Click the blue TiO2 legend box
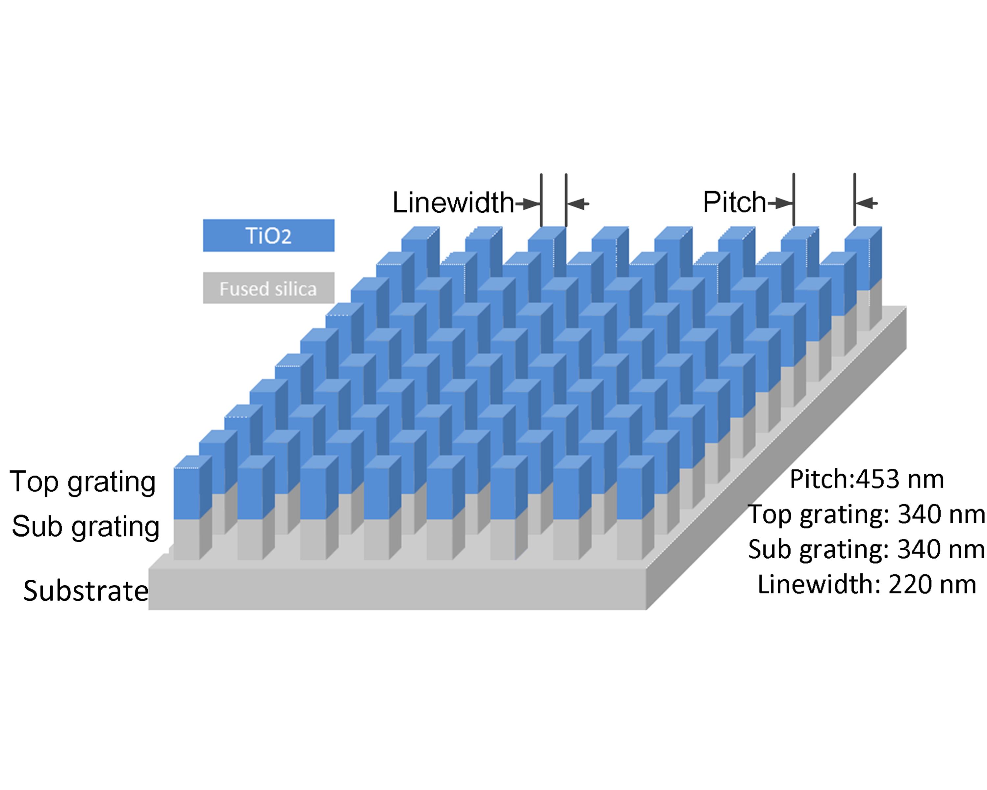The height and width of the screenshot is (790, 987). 269,235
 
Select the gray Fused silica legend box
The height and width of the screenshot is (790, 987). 269,288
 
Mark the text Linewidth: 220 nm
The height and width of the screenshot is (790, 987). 867,584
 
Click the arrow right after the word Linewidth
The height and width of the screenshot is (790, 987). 529,203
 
